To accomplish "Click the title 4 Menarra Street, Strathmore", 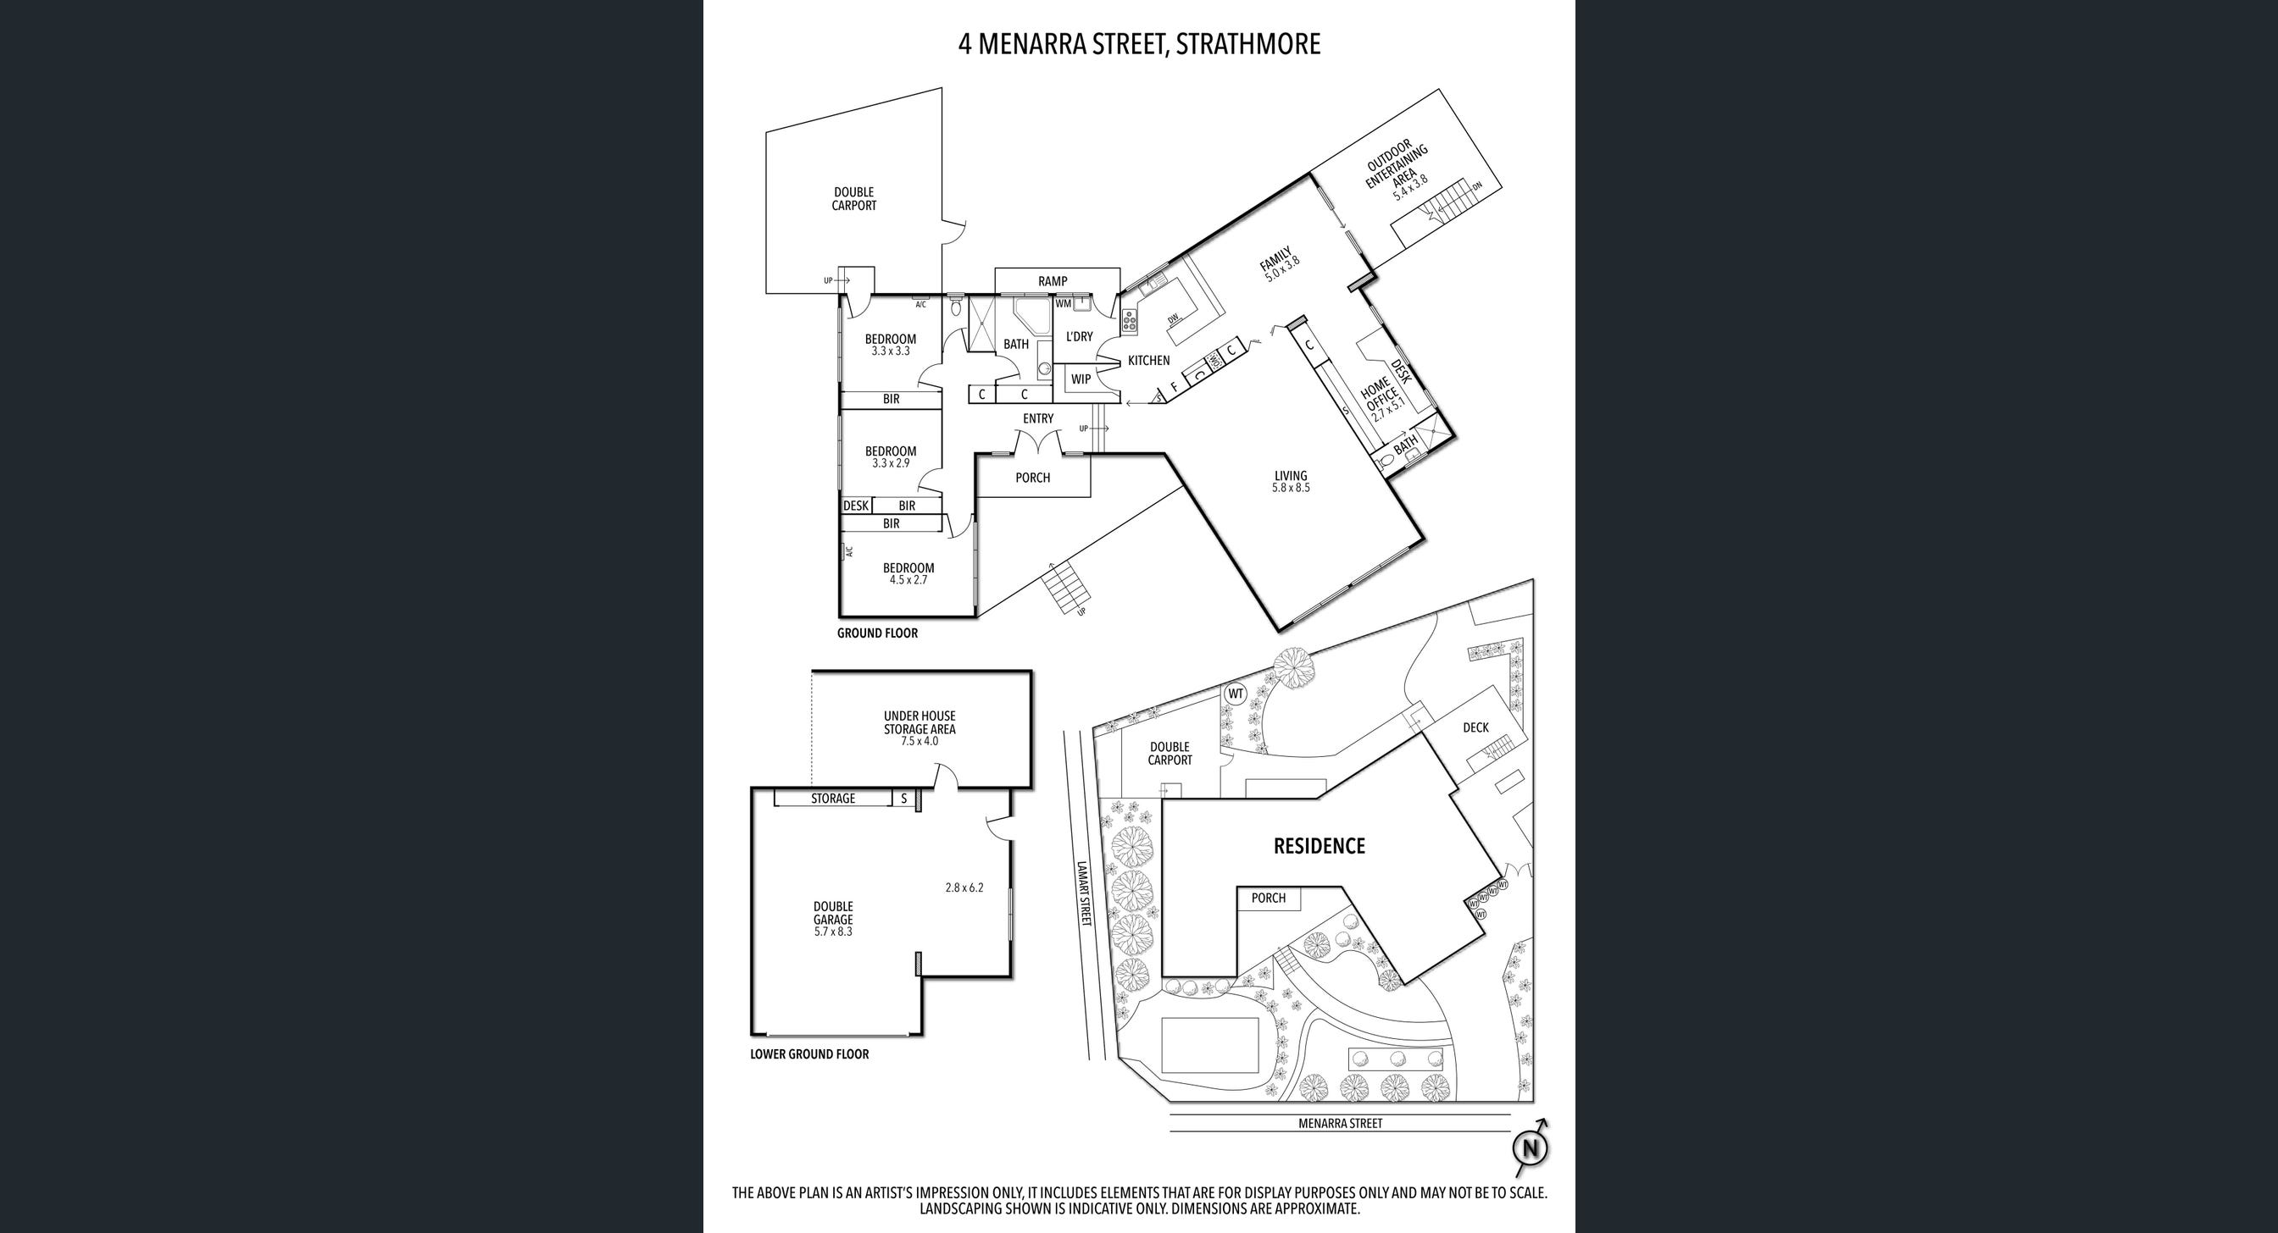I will pos(1139,44).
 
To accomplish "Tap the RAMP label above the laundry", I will pos(1053,281).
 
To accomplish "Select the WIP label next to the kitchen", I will pos(1081,379).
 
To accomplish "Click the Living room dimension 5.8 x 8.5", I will pos(1290,487).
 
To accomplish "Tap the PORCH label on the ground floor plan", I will pos(1032,478).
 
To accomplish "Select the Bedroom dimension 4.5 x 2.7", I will pos(908,580).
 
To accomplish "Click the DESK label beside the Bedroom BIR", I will pos(855,506).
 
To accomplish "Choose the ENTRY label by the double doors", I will pos(1038,418).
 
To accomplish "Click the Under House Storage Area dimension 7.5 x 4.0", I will pos(920,741).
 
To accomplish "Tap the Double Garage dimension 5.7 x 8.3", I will pos(833,931).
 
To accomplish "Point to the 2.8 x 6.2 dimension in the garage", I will pos(964,887).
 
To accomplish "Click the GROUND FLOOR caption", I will pos(877,633).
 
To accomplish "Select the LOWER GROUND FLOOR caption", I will pos(809,1053).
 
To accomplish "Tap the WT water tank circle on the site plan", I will pos(1236,694).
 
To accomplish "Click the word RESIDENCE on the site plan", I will pos(1319,846).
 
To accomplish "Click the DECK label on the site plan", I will pos(1475,727).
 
